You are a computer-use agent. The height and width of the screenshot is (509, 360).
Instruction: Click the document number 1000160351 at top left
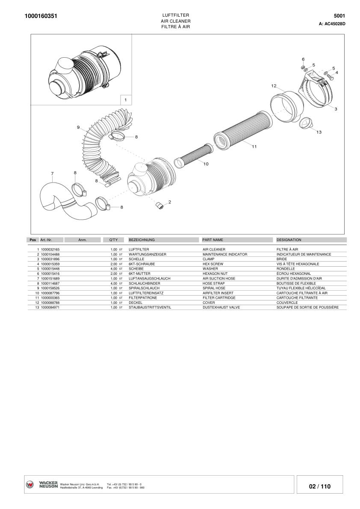(41, 16)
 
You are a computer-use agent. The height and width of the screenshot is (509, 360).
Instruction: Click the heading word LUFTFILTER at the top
(175, 15)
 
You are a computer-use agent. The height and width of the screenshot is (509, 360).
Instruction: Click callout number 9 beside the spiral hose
(78, 127)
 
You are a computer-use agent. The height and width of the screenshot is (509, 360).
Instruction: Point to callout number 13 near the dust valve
(319, 132)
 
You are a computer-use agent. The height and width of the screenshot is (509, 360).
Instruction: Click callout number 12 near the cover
(274, 86)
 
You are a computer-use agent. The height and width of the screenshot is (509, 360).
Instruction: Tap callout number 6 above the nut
(303, 59)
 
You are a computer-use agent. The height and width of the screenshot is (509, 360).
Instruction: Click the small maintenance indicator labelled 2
(159, 206)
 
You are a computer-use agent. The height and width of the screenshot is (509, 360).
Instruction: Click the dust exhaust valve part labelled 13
(306, 124)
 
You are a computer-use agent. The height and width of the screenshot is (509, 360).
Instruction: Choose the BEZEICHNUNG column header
(142, 240)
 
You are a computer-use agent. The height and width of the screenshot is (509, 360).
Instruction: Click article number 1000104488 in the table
(50, 254)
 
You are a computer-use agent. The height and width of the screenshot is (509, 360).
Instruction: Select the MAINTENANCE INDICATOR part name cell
(225, 254)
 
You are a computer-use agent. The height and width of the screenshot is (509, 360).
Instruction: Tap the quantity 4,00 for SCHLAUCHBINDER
(114, 283)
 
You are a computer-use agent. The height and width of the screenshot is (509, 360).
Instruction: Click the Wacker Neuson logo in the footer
(42, 485)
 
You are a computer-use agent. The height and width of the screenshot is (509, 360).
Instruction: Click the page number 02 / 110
(320, 486)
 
